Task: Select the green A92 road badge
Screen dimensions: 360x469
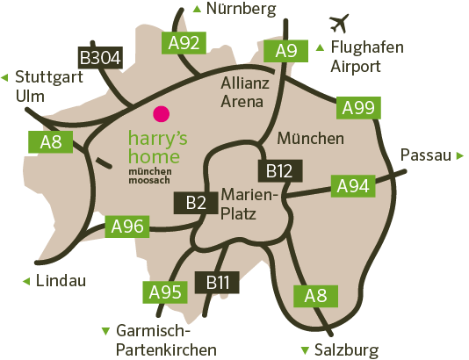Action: (183, 42)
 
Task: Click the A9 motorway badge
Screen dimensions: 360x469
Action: (286, 50)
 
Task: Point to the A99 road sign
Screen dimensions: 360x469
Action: (358, 108)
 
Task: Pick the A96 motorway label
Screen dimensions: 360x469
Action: (127, 226)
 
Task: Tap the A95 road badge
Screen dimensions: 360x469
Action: (164, 292)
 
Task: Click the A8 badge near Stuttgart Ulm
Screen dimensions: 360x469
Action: (50, 142)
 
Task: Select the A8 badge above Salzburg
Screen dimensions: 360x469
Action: (315, 296)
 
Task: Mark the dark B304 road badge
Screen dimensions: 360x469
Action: (100, 58)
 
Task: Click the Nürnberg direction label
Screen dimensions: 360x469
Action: (241, 10)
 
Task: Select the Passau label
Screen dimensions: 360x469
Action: (426, 155)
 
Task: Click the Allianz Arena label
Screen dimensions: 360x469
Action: (242, 92)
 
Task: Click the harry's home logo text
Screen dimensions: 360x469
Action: (157, 147)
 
